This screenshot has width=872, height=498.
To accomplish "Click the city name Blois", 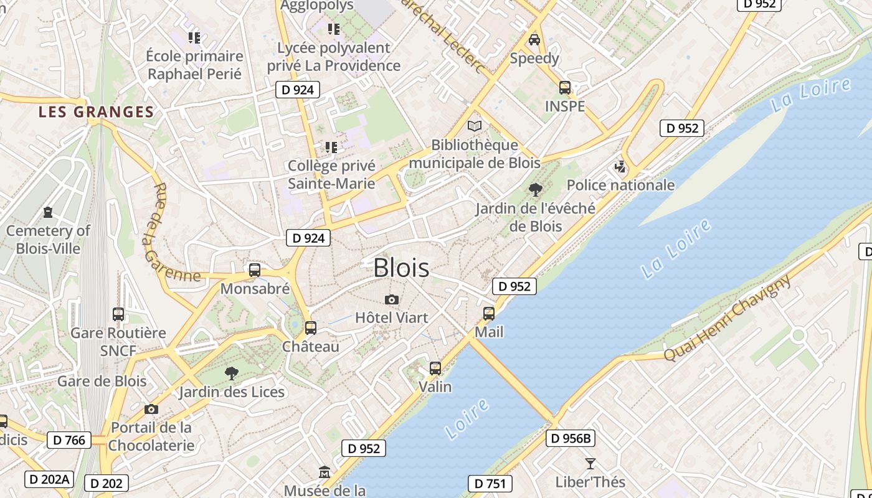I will click(x=401, y=268).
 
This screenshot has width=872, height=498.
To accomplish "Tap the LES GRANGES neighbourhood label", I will click(x=96, y=112).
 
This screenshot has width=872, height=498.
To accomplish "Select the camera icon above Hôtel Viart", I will click(x=391, y=300).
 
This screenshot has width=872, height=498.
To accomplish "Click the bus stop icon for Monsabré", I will click(x=254, y=270).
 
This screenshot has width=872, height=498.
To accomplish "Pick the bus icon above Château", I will click(x=310, y=327).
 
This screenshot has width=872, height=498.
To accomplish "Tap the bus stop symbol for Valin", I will click(x=435, y=369).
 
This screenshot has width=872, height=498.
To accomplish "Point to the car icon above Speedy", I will click(x=534, y=40).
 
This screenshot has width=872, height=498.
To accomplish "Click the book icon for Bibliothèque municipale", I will click(x=475, y=126).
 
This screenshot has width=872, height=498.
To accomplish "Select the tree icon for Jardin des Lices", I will click(x=231, y=374).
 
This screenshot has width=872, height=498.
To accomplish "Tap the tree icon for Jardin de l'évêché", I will click(x=534, y=190).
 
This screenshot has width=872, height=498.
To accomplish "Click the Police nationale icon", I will click(x=620, y=166).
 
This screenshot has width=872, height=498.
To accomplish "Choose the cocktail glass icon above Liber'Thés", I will click(x=590, y=463).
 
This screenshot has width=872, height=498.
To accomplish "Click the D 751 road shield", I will click(x=490, y=484).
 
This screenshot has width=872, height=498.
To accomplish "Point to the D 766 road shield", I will click(x=69, y=440).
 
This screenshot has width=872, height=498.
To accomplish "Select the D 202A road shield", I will click(x=49, y=479).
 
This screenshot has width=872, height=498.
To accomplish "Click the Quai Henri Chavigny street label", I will click(x=727, y=317).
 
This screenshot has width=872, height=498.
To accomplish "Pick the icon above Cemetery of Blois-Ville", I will click(x=48, y=212).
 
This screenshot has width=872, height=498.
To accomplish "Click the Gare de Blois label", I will click(x=102, y=381).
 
